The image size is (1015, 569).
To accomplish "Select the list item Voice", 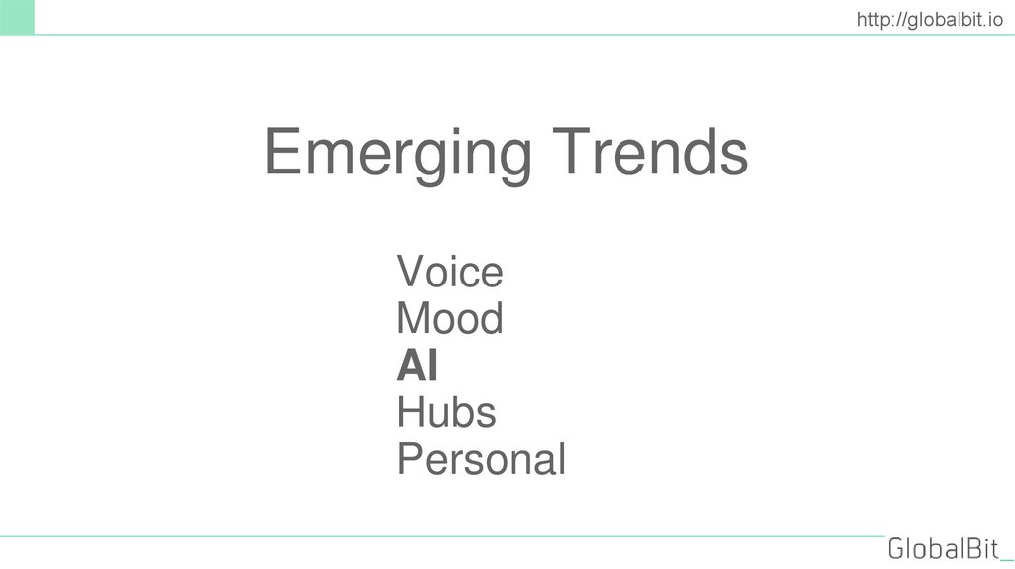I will (449, 272).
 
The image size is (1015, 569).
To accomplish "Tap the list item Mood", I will (449, 319).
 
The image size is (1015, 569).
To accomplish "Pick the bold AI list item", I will (417, 367).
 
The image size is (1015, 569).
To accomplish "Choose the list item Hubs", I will (446, 412).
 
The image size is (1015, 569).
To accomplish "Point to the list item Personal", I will (481, 460).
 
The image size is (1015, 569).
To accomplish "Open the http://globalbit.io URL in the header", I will (931, 18).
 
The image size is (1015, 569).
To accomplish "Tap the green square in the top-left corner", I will (17, 17).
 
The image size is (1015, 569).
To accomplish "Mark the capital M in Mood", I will (413, 319).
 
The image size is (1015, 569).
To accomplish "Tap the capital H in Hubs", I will (410, 412).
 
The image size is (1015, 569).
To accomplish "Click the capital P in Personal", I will (410, 460).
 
